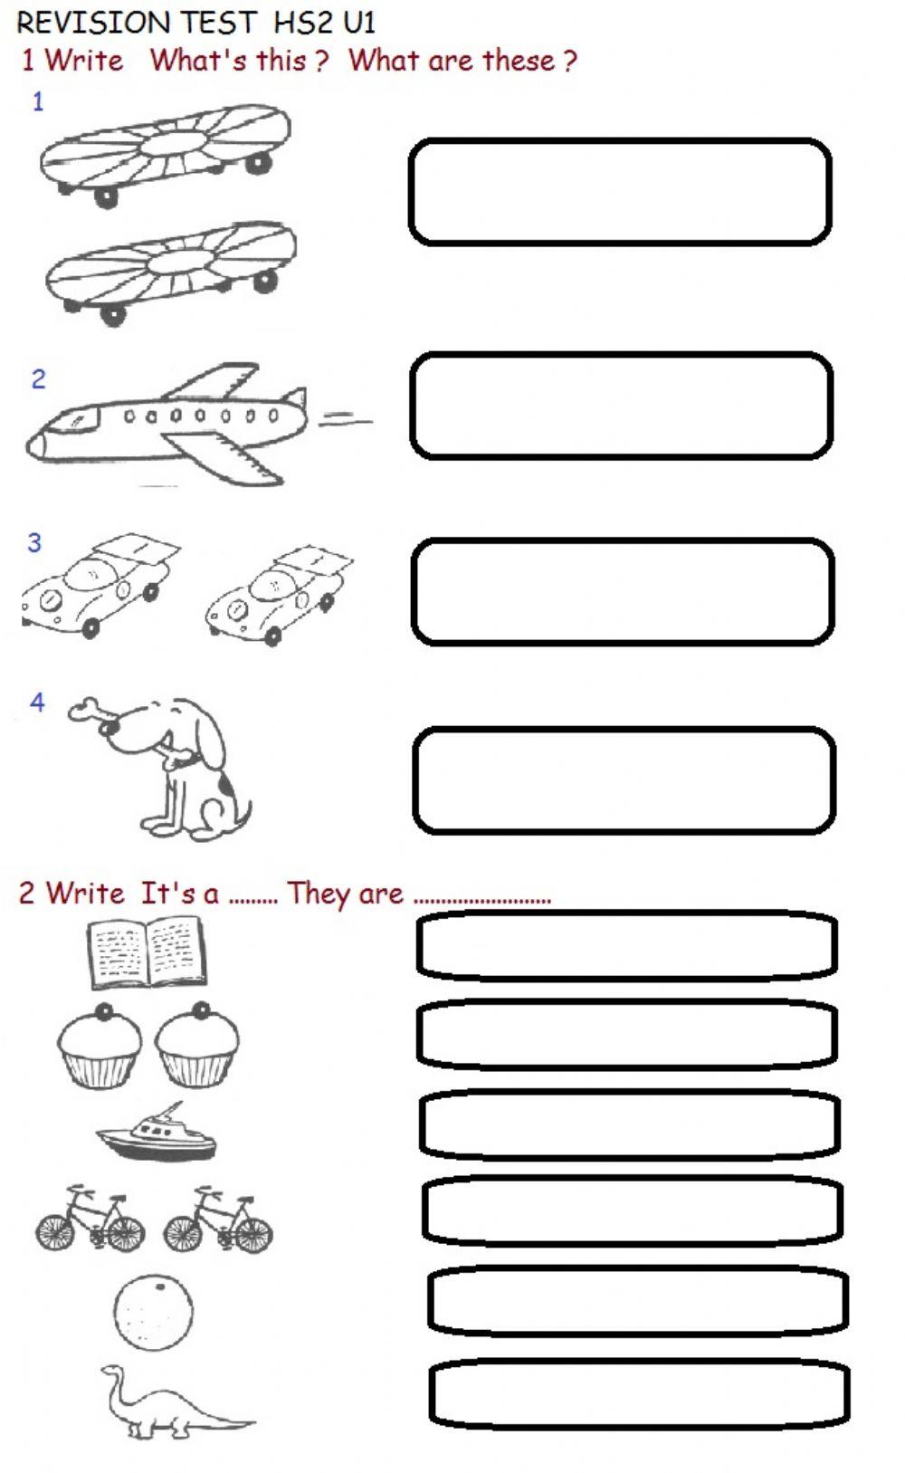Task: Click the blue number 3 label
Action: click(x=34, y=543)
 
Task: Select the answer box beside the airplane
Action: click(x=621, y=406)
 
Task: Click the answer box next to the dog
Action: click(x=624, y=780)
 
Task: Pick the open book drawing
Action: click(x=148, y=952)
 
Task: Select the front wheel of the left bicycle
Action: click(x=54, y=1232)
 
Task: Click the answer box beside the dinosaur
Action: click(x=639, y=1392)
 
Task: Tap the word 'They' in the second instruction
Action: click(x=314, y=894)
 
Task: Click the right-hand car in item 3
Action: click(x=279, y=593)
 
